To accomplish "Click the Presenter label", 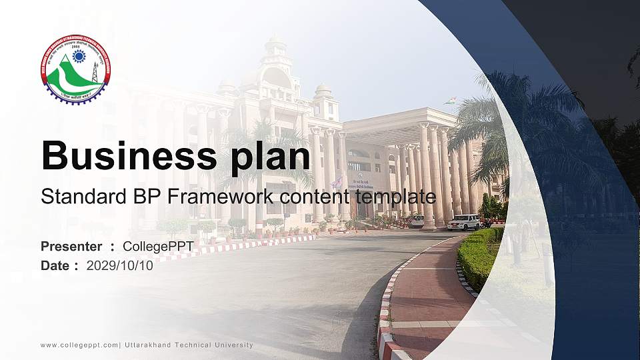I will (71, 247).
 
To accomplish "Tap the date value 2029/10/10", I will (119, 265).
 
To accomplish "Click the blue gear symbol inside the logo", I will (79, 56).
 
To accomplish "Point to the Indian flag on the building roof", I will (452, 101).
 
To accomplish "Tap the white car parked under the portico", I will (417, 220).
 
